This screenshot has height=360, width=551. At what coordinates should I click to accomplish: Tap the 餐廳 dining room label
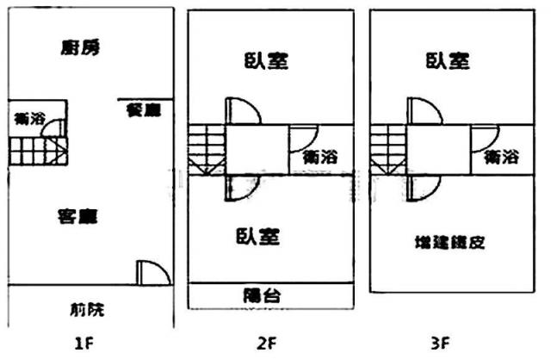[x=140, y=109]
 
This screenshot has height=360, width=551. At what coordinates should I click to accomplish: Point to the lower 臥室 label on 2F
[x=257, y=236]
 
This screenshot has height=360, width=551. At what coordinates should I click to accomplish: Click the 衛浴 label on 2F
[x=320, y=158]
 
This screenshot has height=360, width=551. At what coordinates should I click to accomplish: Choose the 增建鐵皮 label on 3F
[x=449, y=241]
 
